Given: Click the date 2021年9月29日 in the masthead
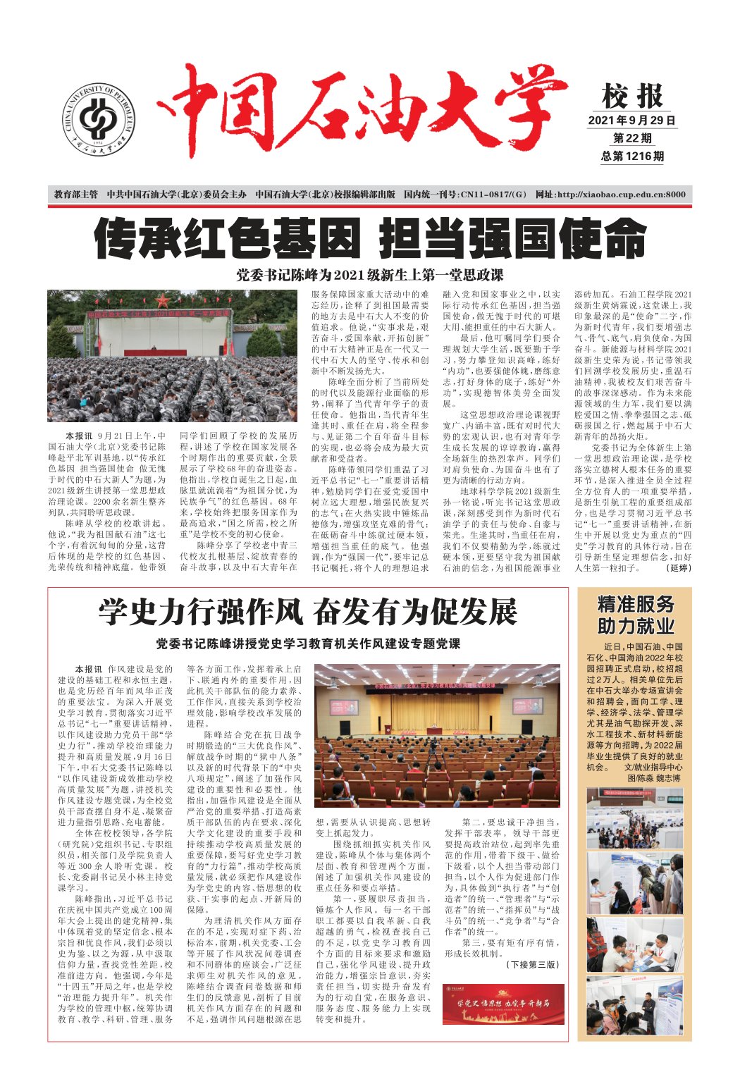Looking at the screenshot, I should (x=631, y=121).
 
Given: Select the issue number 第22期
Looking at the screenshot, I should (x=631, y=138).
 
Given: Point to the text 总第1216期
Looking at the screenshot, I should (x=631, y=156).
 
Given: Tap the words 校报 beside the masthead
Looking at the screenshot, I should (x=632, y=96).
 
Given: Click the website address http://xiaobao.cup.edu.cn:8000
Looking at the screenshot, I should (x=610, y=195).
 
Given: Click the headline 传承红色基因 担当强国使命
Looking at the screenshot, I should (x=370, y=239).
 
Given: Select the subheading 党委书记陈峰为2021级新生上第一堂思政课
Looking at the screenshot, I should (x=370, y=275).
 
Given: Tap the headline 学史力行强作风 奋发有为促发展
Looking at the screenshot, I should (x=308, y=612).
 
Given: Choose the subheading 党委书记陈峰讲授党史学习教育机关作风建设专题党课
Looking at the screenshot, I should (x=308, y=643).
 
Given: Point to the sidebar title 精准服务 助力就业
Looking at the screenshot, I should (x=635, y=615).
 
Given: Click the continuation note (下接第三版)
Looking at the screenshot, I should (x=532, y=964).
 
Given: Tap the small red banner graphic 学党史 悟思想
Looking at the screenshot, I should (x=503, y=1004).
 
